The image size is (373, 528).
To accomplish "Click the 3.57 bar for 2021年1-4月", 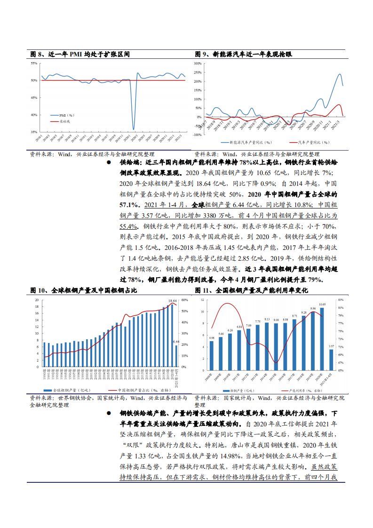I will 331,359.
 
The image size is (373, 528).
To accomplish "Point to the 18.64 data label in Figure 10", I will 173,301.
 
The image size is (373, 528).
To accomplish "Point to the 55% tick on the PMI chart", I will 34,63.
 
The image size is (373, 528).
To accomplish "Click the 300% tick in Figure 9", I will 197,63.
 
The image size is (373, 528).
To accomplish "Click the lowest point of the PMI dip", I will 134,129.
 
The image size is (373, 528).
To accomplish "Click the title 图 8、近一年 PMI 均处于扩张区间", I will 80,55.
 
